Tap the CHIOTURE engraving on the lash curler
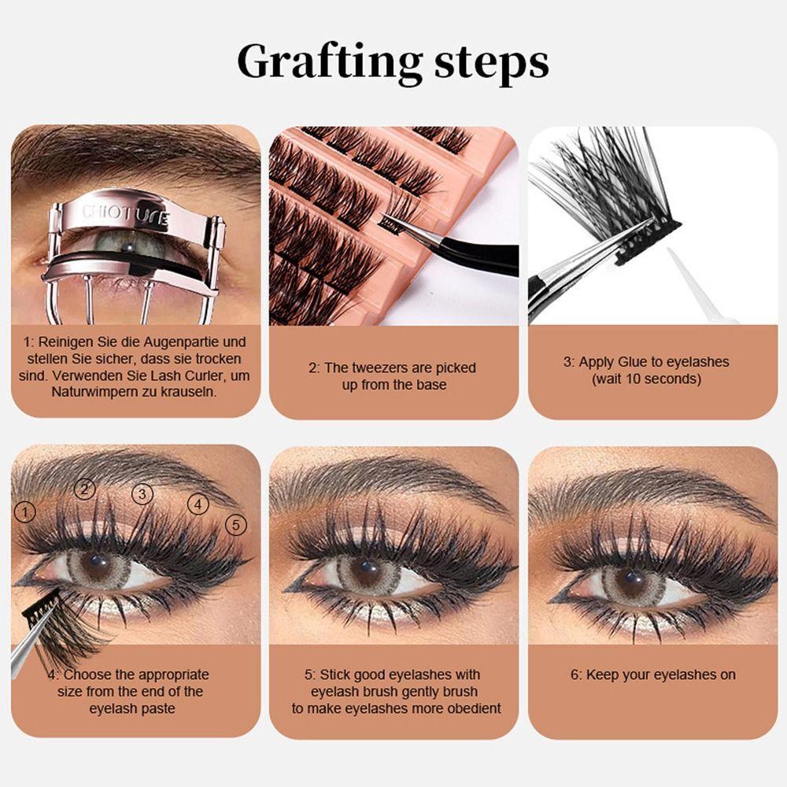coord(126,214)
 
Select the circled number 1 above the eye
coord(25,512)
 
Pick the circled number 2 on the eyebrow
coord(85,489)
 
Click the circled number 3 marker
coord(142,494)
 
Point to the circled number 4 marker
coord(198,504)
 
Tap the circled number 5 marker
coord(235,524)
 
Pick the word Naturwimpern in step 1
coord(97,391)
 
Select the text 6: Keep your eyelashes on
coord(652,675)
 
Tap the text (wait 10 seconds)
coord(646,379)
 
